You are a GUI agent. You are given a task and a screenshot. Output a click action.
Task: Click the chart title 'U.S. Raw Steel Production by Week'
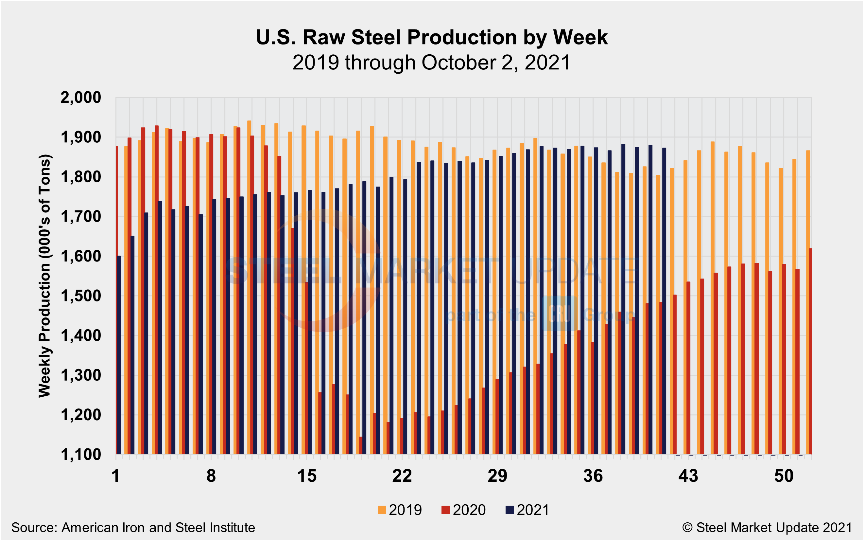(431, 37)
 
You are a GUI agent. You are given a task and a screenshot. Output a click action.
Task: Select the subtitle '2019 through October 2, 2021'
(431, 63)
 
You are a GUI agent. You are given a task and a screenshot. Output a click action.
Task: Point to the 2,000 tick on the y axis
(81, 97)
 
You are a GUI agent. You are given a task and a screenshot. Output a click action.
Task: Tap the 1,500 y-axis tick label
(81, 296)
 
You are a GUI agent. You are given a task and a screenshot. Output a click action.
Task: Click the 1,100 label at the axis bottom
(81, 455)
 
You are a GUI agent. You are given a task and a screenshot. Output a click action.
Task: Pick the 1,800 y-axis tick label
(81, 177)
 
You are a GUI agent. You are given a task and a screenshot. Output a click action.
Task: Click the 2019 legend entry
(400, 510)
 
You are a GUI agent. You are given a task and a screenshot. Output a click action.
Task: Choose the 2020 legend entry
(464, 510)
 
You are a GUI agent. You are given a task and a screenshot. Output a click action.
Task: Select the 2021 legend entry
(527, 510)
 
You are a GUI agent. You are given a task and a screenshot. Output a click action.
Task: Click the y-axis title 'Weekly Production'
(45, 276)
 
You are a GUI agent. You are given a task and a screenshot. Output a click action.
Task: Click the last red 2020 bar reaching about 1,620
(810, 351)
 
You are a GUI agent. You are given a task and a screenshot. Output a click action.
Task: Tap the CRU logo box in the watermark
(560, 314)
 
